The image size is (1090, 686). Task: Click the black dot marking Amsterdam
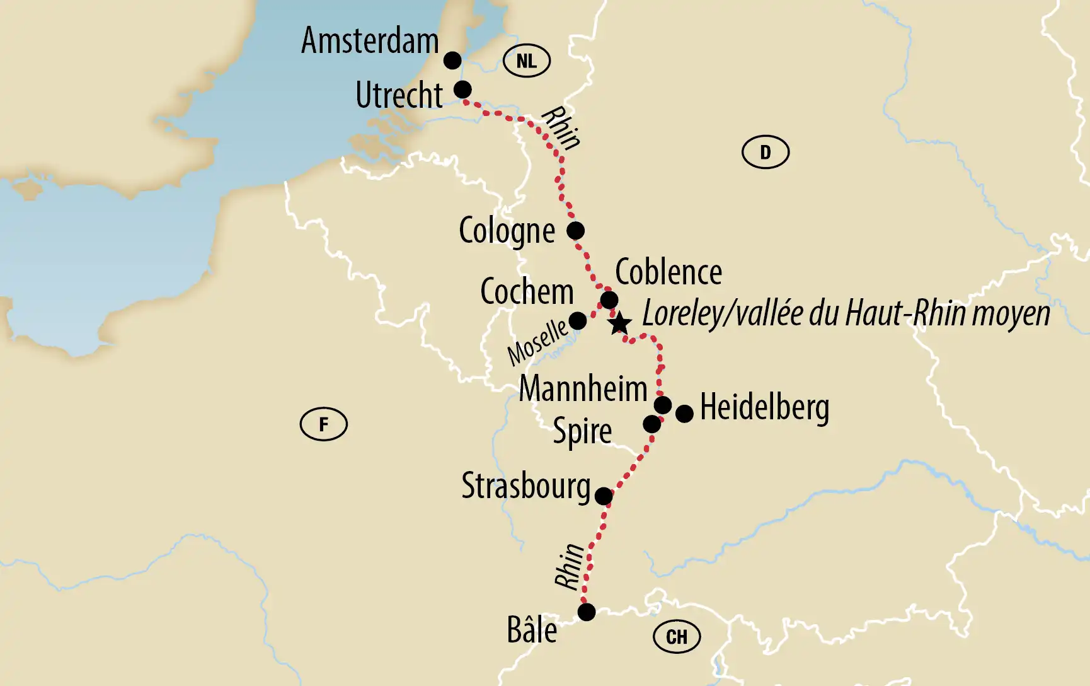(452, 61)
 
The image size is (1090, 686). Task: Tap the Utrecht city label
(399, 96)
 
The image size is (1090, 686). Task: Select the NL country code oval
(527, 61)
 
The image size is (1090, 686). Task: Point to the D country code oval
(765, 152)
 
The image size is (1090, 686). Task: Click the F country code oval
(323, 424)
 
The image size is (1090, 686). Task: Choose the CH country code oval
(677, 637)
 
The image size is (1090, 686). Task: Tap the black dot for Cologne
(575, 230)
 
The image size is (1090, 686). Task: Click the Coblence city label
(668, 272)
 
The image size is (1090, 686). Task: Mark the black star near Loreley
(620, 323)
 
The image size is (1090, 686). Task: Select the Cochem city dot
(578, 321)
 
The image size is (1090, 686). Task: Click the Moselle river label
(537, 342)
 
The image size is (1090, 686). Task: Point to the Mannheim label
(583, 388)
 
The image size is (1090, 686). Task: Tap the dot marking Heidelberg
(684, 414)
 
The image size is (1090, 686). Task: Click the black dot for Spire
(651, 424)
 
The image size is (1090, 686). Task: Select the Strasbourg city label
(525, 487)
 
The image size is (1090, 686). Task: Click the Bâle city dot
(587, 612)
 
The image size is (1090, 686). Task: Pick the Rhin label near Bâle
(570, 566)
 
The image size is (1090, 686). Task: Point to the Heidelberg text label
(764, 408)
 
